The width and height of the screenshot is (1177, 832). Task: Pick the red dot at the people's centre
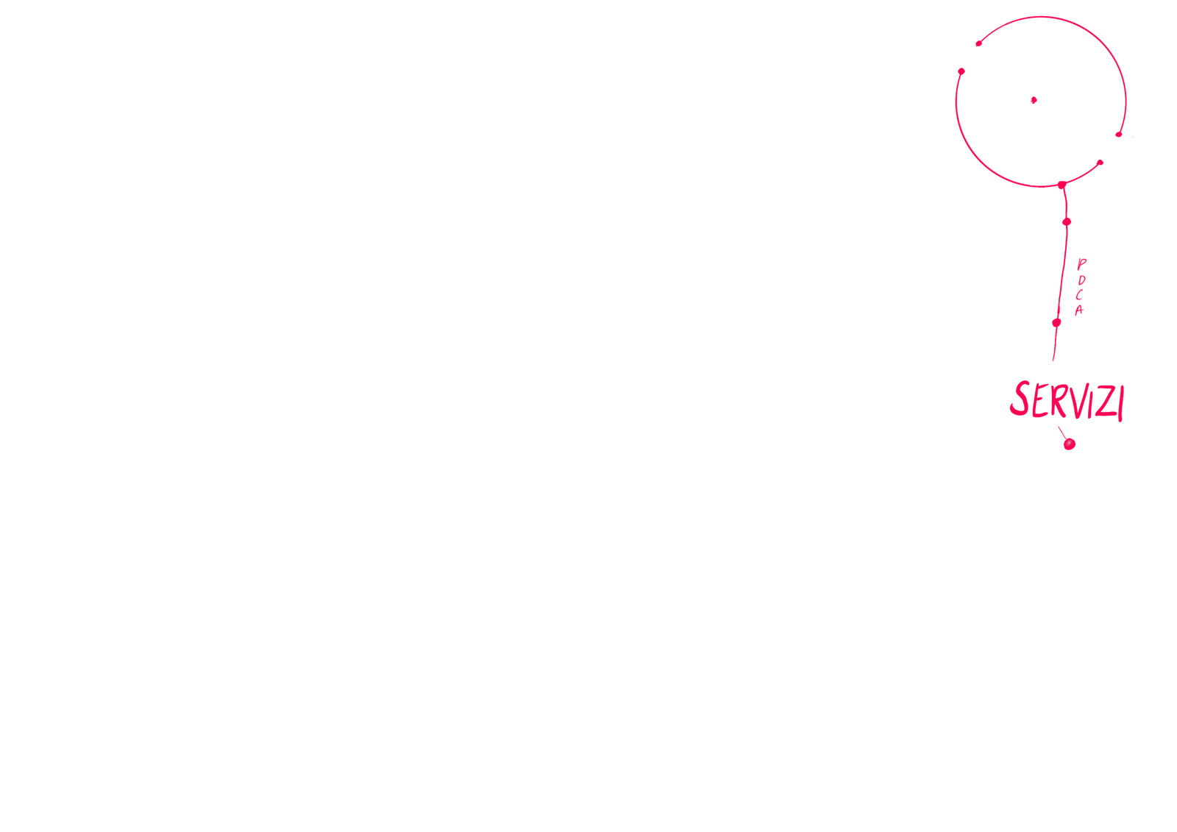tap(1033, 99)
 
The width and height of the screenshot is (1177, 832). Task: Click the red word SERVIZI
tap(1067, 402)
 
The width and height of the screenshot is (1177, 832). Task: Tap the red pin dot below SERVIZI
tap(1070, 444)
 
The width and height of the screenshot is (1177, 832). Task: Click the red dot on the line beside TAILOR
tap(1056, 323)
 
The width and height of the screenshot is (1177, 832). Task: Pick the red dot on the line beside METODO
tap(1065, 221)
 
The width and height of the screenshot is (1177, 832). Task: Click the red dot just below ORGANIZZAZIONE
tap(961, 71)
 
